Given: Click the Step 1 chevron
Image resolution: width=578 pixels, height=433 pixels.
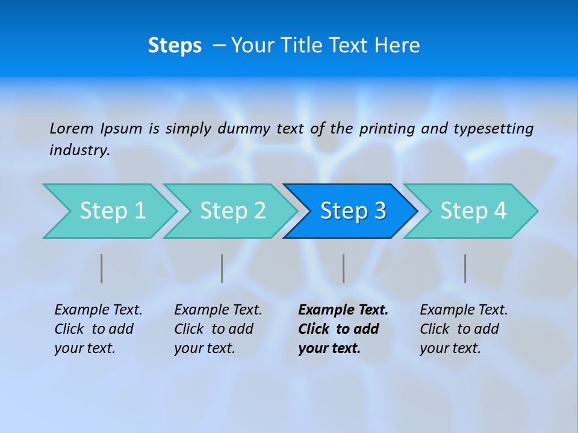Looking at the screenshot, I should (x=112, y=211).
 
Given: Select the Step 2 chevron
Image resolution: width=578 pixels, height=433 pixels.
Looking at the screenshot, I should (x=232, y=211).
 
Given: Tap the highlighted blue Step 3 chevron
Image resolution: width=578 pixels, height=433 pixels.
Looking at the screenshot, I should (x=353, y=211).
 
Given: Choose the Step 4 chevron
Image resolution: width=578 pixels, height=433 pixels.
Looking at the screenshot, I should (x=473, y=211).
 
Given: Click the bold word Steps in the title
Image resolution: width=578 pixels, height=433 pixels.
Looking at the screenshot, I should (x=175, y=46).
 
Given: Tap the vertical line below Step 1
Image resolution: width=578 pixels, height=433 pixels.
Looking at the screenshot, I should (x=102, y=268).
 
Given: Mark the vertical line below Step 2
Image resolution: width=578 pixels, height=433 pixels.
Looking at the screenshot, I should (x=222, y=268).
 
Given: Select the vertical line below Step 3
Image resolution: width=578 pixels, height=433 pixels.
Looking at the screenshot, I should (x=344, y=268).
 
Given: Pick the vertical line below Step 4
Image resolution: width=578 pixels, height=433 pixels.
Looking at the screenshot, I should (x=465, y=268).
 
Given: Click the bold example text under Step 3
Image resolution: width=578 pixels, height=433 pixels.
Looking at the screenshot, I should (x=343, y=329).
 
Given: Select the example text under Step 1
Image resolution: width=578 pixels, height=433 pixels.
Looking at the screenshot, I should (x=98, y=329).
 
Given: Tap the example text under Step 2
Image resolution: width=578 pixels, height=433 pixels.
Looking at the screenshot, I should (x=218, y=329).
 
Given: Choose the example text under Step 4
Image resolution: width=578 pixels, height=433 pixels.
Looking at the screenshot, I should (x=464, y=329).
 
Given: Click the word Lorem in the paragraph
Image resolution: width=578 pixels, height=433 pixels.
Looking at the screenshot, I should (x=72, y=128).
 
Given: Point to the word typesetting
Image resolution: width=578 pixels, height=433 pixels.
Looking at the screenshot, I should (x=493, y=128).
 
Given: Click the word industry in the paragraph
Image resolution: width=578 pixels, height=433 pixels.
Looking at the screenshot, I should (x=79, y=150).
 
